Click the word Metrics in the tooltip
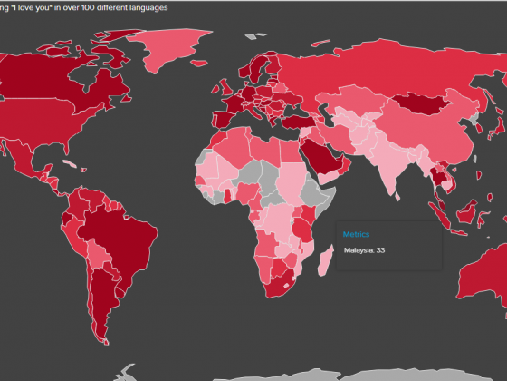click(356, 234)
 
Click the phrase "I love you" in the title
click(37, 6)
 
